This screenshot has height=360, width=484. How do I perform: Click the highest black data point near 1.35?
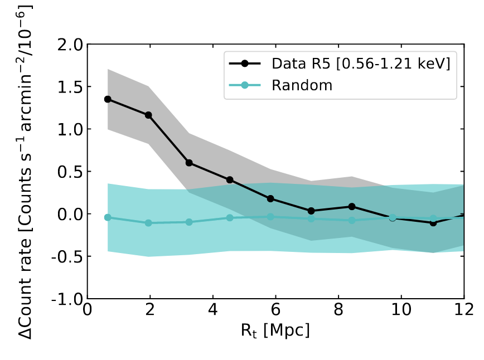[108, 99]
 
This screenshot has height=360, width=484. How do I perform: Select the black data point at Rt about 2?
[148, 115]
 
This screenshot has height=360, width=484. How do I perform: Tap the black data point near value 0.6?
[189, 163]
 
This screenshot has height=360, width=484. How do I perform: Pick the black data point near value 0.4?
[230, 180]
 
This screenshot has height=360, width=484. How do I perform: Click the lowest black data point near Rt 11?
[433, 222]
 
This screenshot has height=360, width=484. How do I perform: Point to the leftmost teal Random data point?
[108, 217]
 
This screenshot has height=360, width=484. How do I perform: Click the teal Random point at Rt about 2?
[148, 223]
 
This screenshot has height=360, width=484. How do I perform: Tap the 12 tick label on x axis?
[463, 310]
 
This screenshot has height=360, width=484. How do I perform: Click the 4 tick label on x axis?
[213, 310]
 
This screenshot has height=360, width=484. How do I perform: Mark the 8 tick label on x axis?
[338, 310]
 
